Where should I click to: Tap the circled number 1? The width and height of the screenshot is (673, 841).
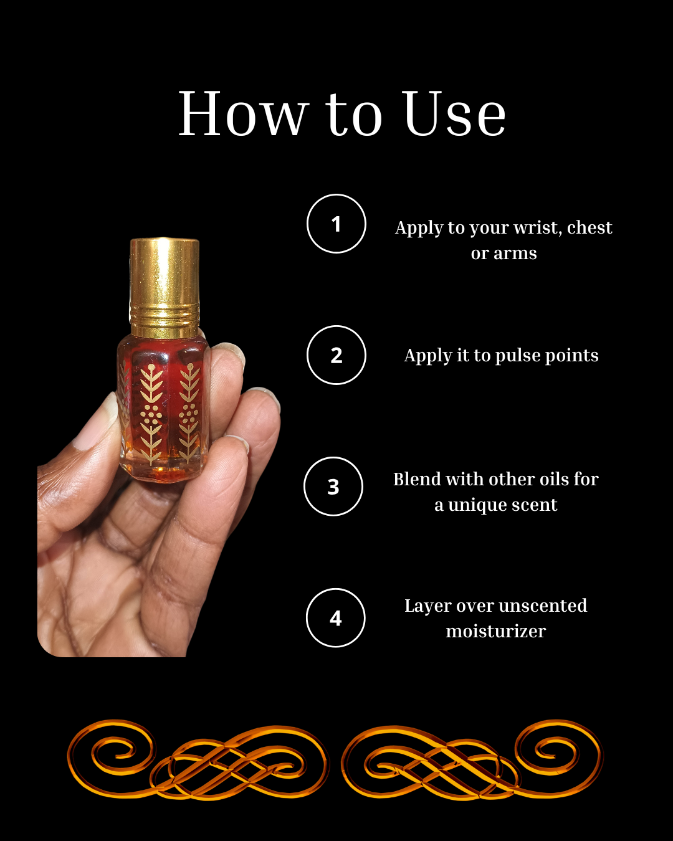tap(336, 224)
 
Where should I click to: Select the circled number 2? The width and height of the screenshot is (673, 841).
tap(336, 355)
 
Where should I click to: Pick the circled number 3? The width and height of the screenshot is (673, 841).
tap(333, 487)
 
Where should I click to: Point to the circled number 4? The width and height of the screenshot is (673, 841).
tap(336, 618)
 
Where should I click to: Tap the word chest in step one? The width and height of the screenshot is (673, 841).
tap(589, 228)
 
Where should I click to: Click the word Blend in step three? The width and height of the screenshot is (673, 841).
tap(417, 479)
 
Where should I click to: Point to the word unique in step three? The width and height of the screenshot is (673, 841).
tap(477, 505)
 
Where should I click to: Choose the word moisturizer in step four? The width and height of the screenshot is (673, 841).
tap(495, 632)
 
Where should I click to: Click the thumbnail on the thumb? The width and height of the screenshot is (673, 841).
tap(93, 424)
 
